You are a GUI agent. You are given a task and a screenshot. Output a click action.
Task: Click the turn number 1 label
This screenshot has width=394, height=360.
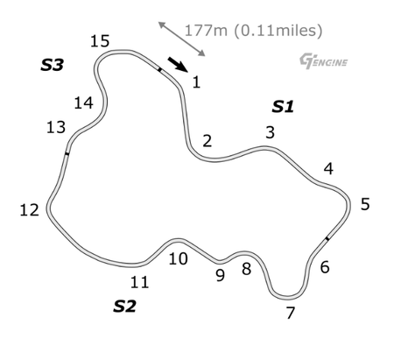196,81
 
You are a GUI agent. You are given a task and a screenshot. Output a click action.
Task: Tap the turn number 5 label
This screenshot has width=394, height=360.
365,204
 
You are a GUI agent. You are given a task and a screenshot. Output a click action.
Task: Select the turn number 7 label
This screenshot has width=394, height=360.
290,313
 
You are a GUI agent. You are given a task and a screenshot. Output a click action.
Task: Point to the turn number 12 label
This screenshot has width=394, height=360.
29,210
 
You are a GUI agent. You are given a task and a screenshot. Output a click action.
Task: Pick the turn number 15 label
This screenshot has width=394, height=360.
100,41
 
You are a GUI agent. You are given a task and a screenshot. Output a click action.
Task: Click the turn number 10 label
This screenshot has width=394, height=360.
178,258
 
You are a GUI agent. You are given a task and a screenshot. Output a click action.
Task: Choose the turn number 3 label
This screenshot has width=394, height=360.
271,132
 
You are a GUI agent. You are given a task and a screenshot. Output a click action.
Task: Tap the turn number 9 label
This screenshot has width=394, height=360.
221,275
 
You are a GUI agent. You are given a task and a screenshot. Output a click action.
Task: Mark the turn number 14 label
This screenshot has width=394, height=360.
84,102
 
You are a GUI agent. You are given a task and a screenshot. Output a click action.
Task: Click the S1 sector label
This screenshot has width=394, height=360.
283,107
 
